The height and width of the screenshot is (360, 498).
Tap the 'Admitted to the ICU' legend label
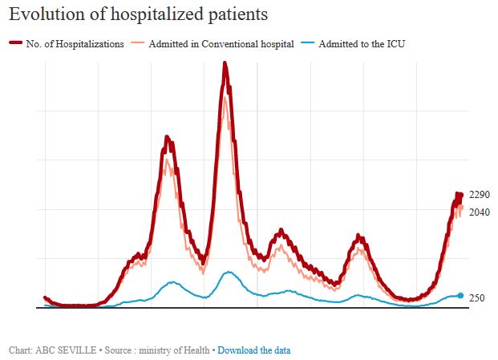tap(362, 44)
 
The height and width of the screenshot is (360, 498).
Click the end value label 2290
tap(480, 195)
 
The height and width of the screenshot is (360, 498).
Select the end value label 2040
tap(480, 212)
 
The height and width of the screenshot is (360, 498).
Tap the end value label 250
tap(476, 298)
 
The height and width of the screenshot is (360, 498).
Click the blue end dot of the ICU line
tap(460, 296)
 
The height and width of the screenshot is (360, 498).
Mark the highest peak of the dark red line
tap(225, 63)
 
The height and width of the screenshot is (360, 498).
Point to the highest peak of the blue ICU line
tap(228, 273)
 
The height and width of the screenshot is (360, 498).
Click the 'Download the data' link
tap(254, 350)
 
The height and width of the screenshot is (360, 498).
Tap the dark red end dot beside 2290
tap(460, 195)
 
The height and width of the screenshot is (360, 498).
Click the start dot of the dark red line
tap(45, 298)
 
